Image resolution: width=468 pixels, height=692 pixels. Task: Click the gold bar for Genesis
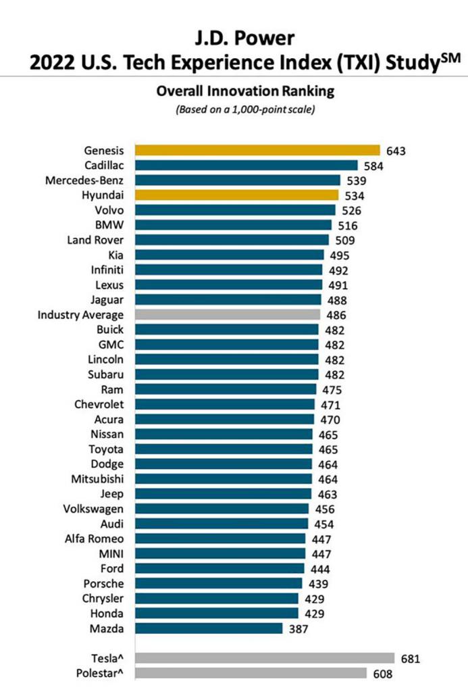257,150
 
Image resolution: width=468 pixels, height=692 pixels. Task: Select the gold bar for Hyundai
236,195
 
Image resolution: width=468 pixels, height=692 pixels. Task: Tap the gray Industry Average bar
228,314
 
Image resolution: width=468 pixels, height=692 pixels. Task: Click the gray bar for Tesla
265,658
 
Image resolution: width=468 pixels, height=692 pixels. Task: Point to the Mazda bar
209,628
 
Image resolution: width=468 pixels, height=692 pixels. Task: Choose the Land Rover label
95,240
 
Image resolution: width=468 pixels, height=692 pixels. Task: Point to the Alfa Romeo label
94,538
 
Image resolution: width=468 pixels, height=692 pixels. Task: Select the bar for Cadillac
246,165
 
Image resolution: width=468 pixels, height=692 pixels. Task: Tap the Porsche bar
219,583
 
